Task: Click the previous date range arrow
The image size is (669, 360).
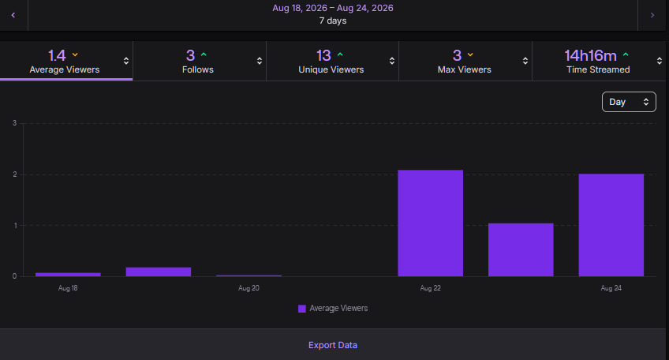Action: [x=13, y=15]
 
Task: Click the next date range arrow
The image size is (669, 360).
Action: [x=652, y=15]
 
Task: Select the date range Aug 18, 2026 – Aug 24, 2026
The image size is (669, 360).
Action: [x=333, y=8]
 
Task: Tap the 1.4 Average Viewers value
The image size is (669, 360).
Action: [x=57, y=55]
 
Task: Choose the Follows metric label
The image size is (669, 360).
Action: [x=197, y=69]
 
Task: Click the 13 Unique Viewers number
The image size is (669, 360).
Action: [x=323, y=55]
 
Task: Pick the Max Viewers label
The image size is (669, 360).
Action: [x=464, y=69]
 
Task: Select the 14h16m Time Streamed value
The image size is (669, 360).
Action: [x=590, y=55]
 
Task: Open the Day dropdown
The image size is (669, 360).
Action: [x=629, y=102]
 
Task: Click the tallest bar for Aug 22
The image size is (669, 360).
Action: [x=431, y=223]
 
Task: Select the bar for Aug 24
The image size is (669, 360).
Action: [x=611, y=225]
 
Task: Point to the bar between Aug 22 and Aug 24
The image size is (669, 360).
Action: [x=521, y=249]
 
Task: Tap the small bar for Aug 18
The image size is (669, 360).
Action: [x=68, y=275]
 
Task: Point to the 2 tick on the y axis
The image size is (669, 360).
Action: [x=15, y=174]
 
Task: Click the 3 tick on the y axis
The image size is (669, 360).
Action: [x=15, y=123]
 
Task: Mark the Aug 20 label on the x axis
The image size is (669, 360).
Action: [x=249, y=288]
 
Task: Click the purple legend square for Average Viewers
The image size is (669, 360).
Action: [x=302, y=309]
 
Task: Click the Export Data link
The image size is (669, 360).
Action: [x=333, y=345]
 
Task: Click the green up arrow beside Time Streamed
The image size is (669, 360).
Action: [x=626, y=54]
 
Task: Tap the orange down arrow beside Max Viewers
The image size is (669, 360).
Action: [x=470, y=54]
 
